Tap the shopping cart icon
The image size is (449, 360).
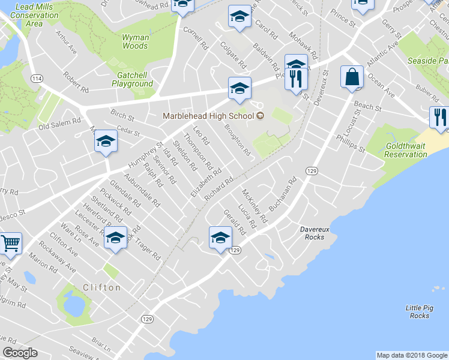point(10,243)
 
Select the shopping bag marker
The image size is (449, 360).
point(352,77)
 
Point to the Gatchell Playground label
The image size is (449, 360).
point(133,79)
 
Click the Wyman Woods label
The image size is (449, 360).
point(135,41)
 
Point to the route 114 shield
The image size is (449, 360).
point(37,79)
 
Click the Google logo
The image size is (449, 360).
point(19,353)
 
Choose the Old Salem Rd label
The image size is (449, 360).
point(59,123)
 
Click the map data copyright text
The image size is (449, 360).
point(412,355)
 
